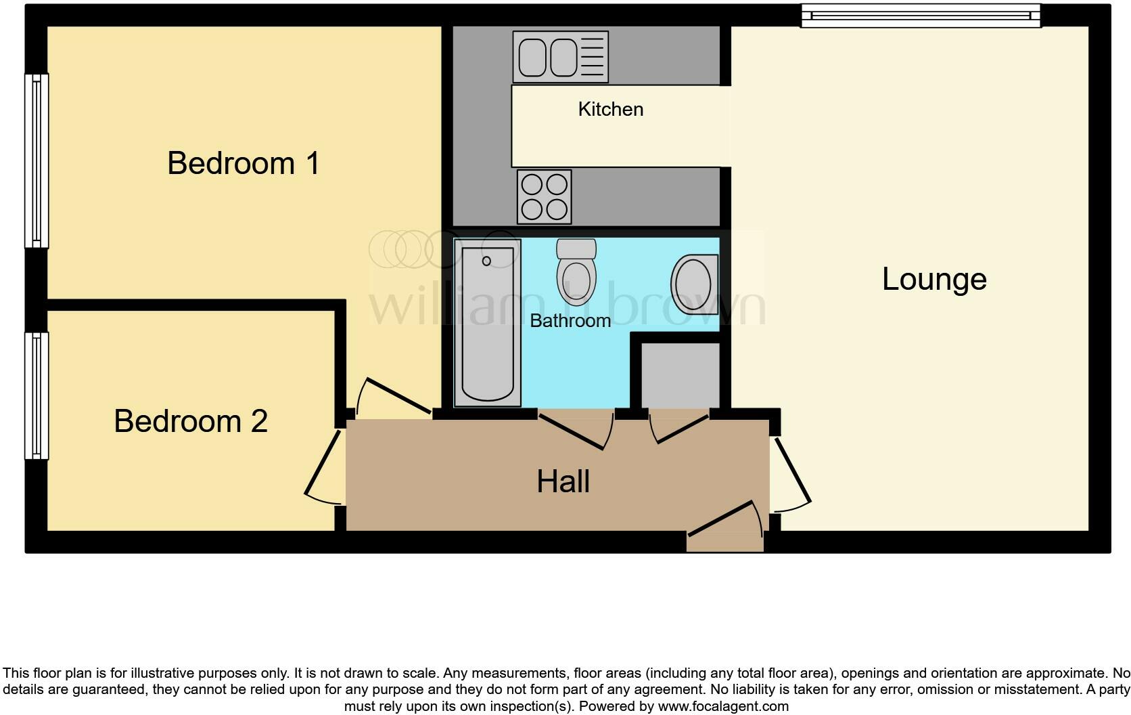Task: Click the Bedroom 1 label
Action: pos(243,163)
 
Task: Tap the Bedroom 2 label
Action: pos(191,421)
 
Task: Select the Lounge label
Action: pos(934,279)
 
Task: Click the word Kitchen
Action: pos(610,109)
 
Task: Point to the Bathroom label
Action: pos(570,320)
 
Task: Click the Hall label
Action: pos(563,481)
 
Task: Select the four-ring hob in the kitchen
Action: pos(545,196)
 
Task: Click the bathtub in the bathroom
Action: pos(487,324)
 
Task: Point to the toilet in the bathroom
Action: pos(576,272)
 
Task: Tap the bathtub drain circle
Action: pos(486,261)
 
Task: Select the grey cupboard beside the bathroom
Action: pos(680,374)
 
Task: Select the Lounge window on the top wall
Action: pos(920,15)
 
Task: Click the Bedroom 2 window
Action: pos(37,395)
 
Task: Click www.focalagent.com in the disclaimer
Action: pos(722,706)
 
